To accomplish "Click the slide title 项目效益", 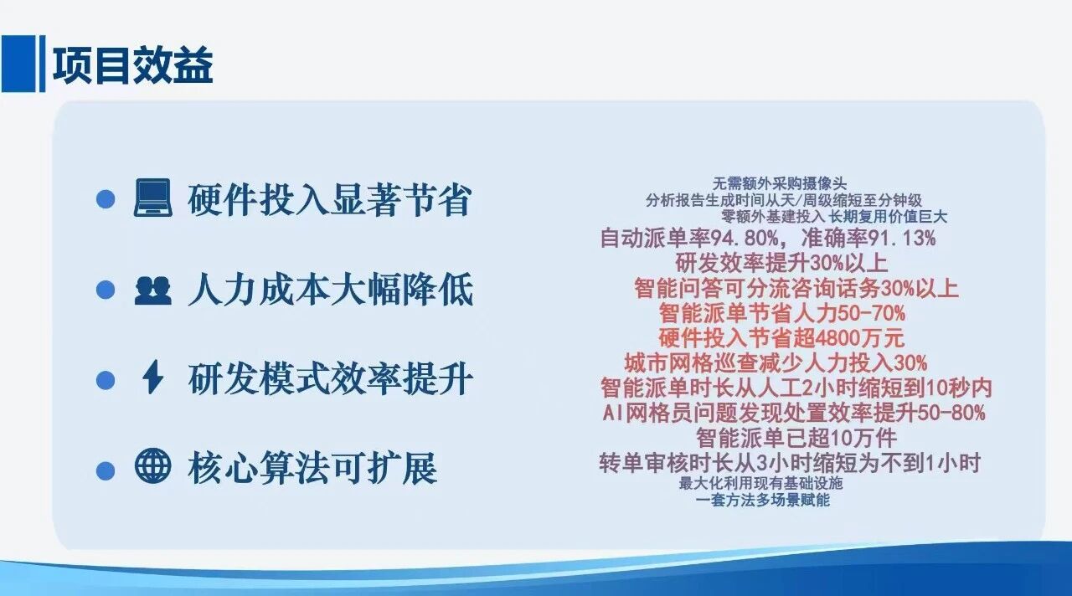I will click(x=132, y=66).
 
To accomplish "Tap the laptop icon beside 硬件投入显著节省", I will click(x=152, y=199).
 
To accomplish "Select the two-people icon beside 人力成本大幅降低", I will click(x=152, y=290).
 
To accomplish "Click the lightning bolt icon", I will click(x=152, y=378).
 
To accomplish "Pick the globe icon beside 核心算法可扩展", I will click(x=152, y=467).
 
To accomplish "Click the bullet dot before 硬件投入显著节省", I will click(x=105, y=200).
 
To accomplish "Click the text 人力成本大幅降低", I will click(x=330, y=290).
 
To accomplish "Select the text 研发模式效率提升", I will click(x=330, y=379).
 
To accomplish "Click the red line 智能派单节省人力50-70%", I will click(x=781, y=314).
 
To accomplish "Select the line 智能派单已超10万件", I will click(x=796, y=436).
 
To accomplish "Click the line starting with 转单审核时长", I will click(x=790, y=462).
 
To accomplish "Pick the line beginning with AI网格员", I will click(x=793, y=412).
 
